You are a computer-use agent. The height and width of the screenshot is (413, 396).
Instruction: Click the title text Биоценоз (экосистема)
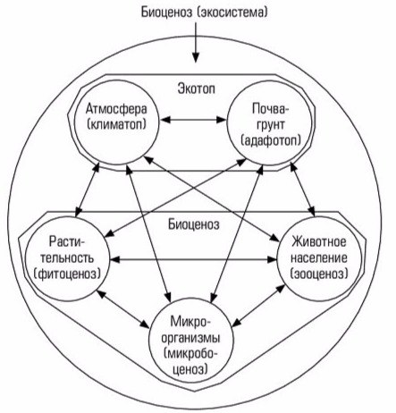click(x=204, y=13)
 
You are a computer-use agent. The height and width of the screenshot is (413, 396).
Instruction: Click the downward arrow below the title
click(x=196, y=42)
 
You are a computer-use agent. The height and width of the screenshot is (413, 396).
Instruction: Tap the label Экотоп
click(x=197, y=88)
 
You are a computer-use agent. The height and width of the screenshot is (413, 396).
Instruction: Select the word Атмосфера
click(x=116, y=109)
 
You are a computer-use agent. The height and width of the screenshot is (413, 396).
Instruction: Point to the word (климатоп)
click(x=117, y=124)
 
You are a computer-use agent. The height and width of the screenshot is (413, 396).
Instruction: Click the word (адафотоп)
click(x=271, y=140)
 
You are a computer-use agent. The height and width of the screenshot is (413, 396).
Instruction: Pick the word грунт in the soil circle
click(x=270, y=124)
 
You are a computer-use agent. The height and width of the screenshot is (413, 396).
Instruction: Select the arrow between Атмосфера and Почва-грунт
click(x=193, y=120)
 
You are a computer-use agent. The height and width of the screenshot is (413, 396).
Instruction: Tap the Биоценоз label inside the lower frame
click(x=194, y=224)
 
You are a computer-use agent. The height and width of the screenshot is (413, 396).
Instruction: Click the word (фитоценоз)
click(x=67, y=274)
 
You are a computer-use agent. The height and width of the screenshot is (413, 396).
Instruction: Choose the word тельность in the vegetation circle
click(x=67, y=257)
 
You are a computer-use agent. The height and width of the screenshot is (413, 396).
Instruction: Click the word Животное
click(x=319, y=241)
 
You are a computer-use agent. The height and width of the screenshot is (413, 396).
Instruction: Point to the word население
click(x=319, y=257)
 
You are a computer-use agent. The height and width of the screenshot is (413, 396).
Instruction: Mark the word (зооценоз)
click(x=319, y=274)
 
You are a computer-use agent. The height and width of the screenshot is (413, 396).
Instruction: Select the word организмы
click(x=190, y=339)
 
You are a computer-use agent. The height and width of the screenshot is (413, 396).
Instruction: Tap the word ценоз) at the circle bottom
click(x=190, y=369)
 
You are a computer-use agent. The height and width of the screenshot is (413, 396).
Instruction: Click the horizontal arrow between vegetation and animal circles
click(x=193, y=259)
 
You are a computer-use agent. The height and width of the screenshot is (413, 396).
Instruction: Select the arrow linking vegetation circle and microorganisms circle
click(x=122, y=308)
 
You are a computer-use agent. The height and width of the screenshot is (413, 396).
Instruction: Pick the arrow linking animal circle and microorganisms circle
click(x=258, y=305)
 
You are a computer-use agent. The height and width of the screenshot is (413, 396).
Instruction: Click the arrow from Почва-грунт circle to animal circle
click(x=303, y=190)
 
